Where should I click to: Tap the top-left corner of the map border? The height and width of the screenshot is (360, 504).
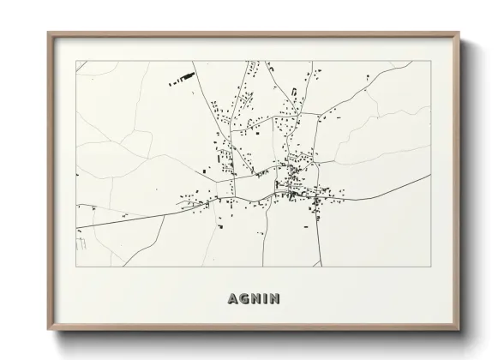pos(76,61)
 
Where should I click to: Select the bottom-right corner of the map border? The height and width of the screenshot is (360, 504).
pos(429,267)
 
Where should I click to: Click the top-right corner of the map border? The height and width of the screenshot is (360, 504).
pos(429,61)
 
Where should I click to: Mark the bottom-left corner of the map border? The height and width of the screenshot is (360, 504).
pos(76,267)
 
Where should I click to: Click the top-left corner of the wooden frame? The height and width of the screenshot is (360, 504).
pos(48,33)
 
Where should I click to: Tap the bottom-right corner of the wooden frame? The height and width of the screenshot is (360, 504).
pos(460,329)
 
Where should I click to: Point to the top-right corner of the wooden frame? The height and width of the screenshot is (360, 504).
pos(460,33)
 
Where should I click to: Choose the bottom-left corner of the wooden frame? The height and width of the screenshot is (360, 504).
pos(48,329)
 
